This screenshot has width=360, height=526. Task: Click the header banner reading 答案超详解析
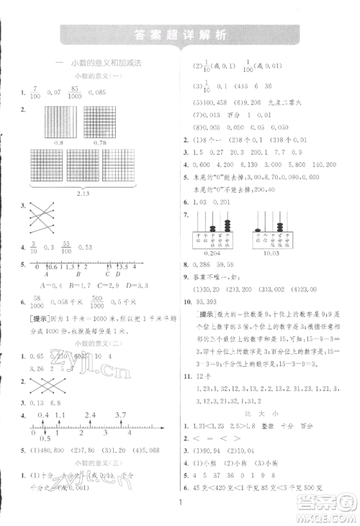[179, 35]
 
